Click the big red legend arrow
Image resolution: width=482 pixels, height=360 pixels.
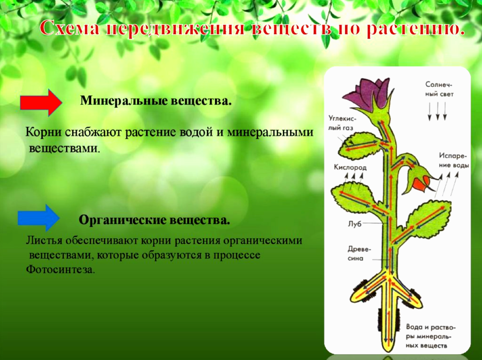41,103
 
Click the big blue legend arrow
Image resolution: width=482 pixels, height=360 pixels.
39,218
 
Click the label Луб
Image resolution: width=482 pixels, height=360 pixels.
354,224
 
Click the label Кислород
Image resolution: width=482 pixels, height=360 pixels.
350,167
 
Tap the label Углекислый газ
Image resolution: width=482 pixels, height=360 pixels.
342,123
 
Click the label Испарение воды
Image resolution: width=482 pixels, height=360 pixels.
453,160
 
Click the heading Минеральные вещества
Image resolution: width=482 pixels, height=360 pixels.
156,101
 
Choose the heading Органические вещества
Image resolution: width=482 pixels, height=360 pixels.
154,220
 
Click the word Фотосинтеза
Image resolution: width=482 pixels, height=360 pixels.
60,270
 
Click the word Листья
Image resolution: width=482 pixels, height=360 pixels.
43,241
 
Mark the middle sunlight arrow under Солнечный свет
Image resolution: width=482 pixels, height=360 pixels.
437,111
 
